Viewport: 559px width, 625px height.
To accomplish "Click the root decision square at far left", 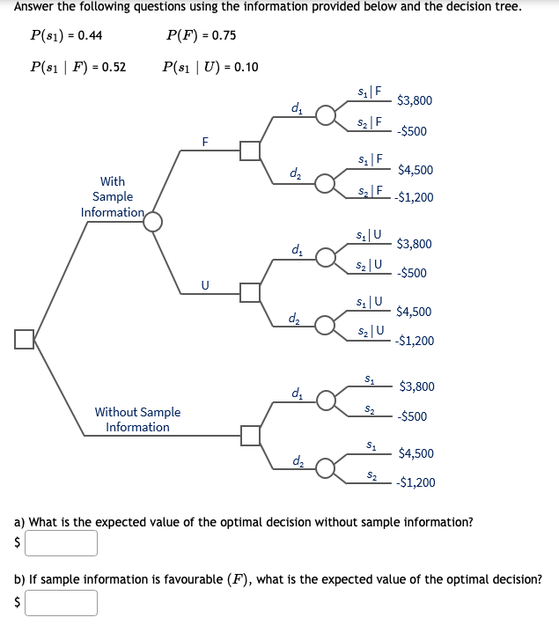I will [x=25, y=339].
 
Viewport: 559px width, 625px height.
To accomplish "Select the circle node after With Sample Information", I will [x=153, y=221].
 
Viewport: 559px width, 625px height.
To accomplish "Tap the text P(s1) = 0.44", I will [x=66, y=36].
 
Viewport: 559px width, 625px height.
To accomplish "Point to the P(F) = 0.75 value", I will [x=200, y=36].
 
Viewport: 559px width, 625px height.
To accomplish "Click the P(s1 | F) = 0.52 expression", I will [x=77, y=67].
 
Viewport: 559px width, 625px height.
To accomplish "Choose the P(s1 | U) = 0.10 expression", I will [x=210, y=67].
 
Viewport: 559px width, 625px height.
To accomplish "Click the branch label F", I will [x=205, y=141].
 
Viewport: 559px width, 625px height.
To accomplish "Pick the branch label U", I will [x=205, y=284].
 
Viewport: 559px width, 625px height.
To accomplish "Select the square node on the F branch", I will [x=251, y=151].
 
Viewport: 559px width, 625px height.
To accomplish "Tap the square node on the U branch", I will [x=251, y=292].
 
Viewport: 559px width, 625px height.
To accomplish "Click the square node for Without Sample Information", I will [x=251, y=435].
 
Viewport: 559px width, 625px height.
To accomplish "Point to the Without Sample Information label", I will [x=137, y=419].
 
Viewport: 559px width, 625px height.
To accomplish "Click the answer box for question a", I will [x=62, y=543].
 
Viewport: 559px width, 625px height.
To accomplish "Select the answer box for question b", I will [x=62, y=602].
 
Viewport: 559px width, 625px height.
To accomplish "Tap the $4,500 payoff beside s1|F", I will [x=415, y=170].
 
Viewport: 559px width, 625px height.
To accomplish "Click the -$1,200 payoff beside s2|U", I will [x=415, y=341].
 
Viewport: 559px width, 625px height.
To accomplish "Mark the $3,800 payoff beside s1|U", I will [x=415, y=244].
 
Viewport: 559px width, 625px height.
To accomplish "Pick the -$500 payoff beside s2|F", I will [x=412, y=131].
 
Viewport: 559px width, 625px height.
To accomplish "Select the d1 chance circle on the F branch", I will [x=326, y=116].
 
